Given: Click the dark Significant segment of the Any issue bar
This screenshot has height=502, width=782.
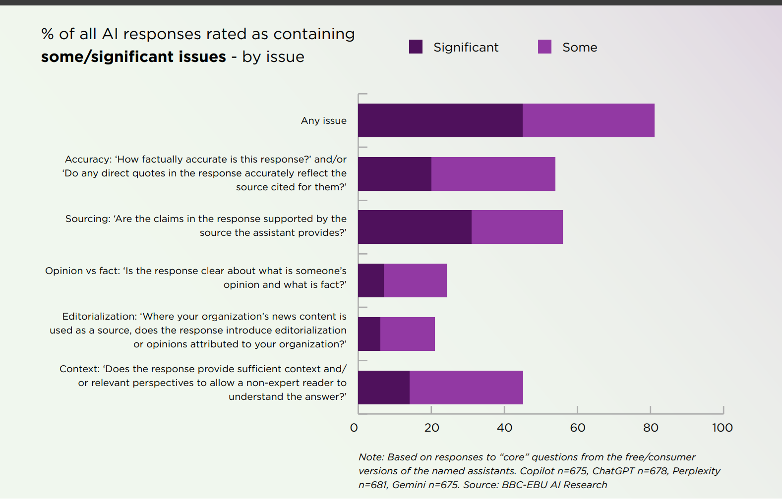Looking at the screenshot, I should (440, 120).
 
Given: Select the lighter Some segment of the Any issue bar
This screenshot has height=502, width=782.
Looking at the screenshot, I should (588, 120).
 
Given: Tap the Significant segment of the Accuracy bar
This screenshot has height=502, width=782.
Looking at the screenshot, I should (395, 174).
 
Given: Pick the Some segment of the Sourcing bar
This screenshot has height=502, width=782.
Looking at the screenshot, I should (517, 227).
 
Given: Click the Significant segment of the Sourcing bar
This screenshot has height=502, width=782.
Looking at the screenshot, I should (415, 227).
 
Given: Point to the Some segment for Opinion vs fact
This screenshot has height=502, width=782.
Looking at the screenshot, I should (415, 280).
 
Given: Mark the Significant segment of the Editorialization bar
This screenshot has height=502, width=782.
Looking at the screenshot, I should (369, 334).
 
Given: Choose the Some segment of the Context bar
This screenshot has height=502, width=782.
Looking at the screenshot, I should (466, 388).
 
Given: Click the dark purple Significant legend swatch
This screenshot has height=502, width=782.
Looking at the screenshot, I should (416, 47).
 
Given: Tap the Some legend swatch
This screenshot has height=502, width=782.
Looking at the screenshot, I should (544, 47).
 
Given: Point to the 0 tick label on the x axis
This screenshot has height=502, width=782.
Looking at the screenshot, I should (354, 428).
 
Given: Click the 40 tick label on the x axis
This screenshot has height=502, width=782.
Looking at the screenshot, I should (504, 428).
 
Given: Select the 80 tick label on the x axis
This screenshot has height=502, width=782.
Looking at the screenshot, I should (651, 428).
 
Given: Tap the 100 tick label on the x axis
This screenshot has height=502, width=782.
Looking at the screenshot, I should (722, 428).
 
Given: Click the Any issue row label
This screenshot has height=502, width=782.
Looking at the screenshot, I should (323, 120).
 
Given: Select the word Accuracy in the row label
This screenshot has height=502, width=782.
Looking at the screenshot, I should (88, 159).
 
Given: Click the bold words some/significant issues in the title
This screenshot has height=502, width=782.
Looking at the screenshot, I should (133, 57).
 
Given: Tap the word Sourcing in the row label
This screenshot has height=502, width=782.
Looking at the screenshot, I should (87, 219).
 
